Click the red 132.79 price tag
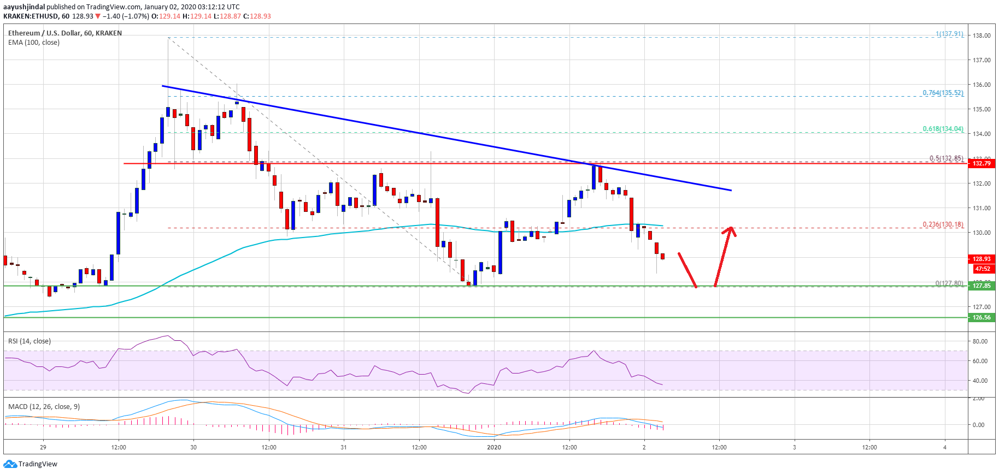point(982,163)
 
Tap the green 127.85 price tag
point(982,286)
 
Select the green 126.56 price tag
point(982,317)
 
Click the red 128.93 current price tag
point(982,259)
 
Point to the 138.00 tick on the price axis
point(982,35)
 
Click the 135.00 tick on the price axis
point(982,109)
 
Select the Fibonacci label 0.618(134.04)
point(943,129)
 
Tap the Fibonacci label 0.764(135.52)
point(943,93)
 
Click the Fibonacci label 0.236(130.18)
point(943,224)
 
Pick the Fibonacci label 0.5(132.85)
point(946,158)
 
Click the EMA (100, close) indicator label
point(34,43)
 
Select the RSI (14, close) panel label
point(30,341)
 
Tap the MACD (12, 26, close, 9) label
point(44,407)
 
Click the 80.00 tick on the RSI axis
point(980,341)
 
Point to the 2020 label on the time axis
point(494,447)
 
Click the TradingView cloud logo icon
point(9,464)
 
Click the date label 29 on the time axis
point(43,447)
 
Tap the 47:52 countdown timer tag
point(982,269)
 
